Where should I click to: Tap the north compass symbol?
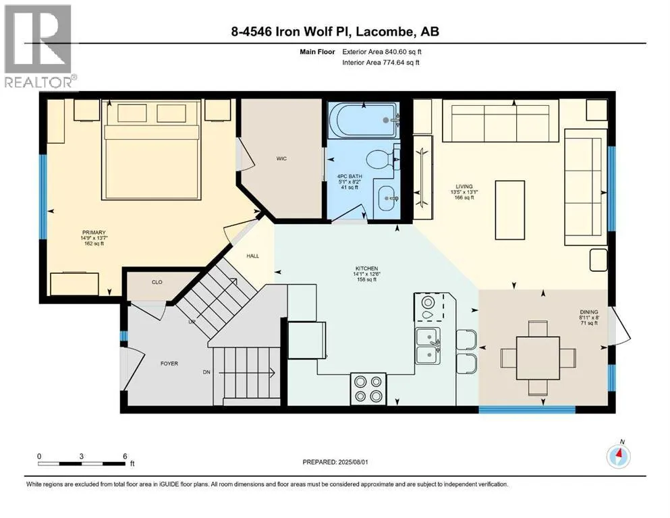[618, 456]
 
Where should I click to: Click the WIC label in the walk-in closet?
[281, 159]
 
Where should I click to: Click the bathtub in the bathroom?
[364, 120]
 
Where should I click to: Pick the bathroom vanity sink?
[387, 199]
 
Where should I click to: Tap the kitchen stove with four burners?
[368, 388]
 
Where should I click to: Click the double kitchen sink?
[428, 346]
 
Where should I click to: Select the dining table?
[538, 358]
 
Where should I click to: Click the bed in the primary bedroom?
[151, 150]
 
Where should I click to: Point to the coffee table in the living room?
[510, 210]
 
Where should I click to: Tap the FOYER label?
[169, 364]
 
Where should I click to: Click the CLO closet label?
[157, 283]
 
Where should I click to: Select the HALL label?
[252, 256]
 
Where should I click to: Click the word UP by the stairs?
[192, 322]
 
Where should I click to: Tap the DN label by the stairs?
[206, 372]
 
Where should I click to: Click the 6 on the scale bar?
[125, 456]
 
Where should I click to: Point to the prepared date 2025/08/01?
[353, 462]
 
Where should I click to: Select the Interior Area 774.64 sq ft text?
[381, 62]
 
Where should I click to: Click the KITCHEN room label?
[366, 268]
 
